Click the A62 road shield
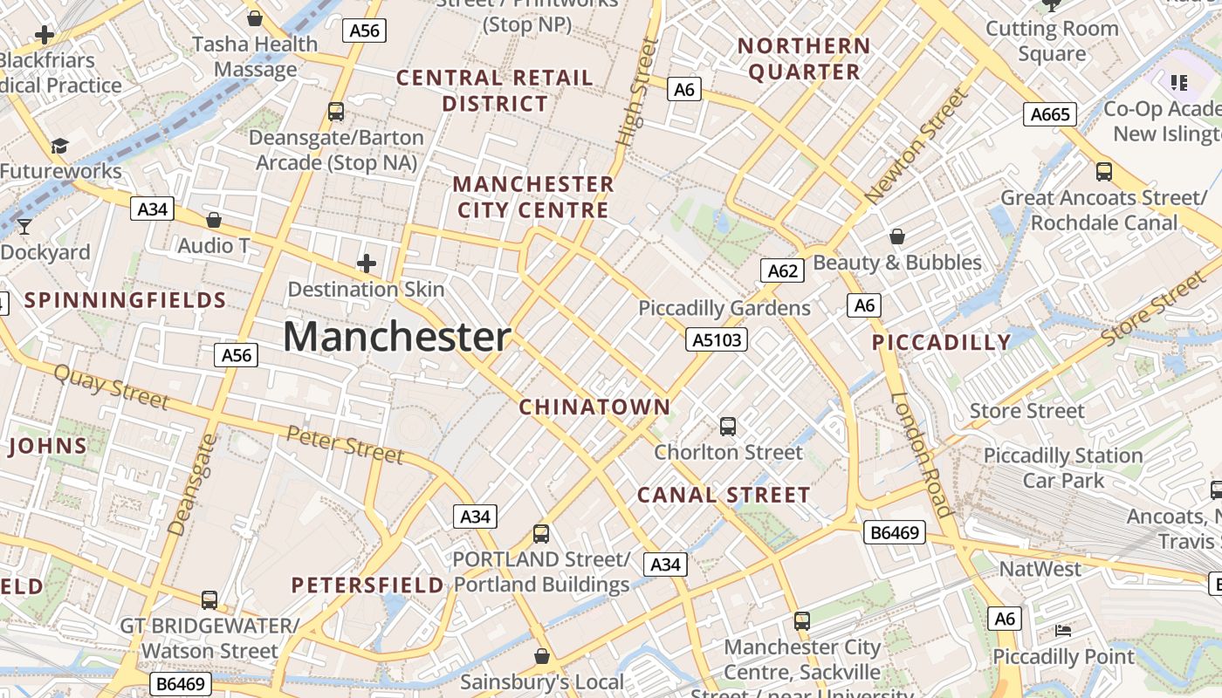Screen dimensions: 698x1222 782,270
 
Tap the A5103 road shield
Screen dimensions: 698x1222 717,339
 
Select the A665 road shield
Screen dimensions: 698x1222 1050,114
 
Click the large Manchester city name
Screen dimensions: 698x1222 397,337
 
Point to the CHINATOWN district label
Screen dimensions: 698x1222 595,407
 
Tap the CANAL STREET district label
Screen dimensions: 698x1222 724,496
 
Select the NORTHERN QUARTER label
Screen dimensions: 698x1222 804,58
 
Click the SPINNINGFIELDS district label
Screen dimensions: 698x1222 125,301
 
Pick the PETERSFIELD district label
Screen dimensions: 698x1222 367,585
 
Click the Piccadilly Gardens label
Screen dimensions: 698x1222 724,308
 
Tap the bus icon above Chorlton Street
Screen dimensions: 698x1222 728,427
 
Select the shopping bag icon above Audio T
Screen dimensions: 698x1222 214,220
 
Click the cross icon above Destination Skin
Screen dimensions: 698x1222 367,263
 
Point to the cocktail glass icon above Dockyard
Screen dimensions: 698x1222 24,227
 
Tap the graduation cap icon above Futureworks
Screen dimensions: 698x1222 59,146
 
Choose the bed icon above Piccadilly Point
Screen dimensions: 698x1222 1063,630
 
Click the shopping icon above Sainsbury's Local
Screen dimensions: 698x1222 542,655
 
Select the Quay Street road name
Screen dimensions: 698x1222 111,387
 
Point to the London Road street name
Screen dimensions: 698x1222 921,454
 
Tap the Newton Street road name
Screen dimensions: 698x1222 916,147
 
